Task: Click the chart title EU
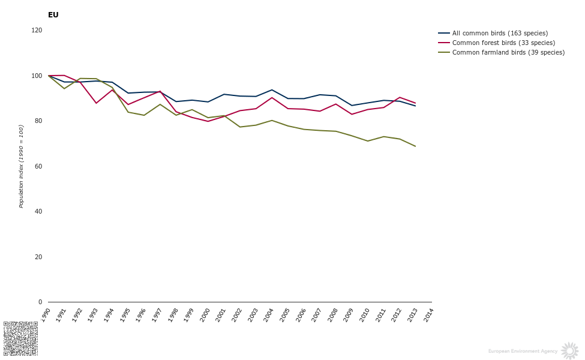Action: (x=53, y=15)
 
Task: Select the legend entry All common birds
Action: (x=500, y=34)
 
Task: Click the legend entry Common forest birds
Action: (x=503, y=43)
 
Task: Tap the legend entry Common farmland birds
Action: (x=508, y=53)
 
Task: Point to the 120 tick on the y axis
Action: (x=37, y=30)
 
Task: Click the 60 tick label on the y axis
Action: (x=38, y=166)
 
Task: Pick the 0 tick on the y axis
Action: (x=40, y=302)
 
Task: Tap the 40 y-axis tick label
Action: (x=38, y=212)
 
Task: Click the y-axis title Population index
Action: (x=22, y=166)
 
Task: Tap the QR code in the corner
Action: (x=20, y=338)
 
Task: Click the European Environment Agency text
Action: (x=523, y=351)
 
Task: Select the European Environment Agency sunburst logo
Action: (x=569, y=351)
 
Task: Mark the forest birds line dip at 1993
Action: (x=96, y=103)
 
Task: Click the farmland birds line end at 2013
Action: (x=415, y=146)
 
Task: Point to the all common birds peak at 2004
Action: (x=272, y=90)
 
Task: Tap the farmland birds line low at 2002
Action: (x=240, y=127)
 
